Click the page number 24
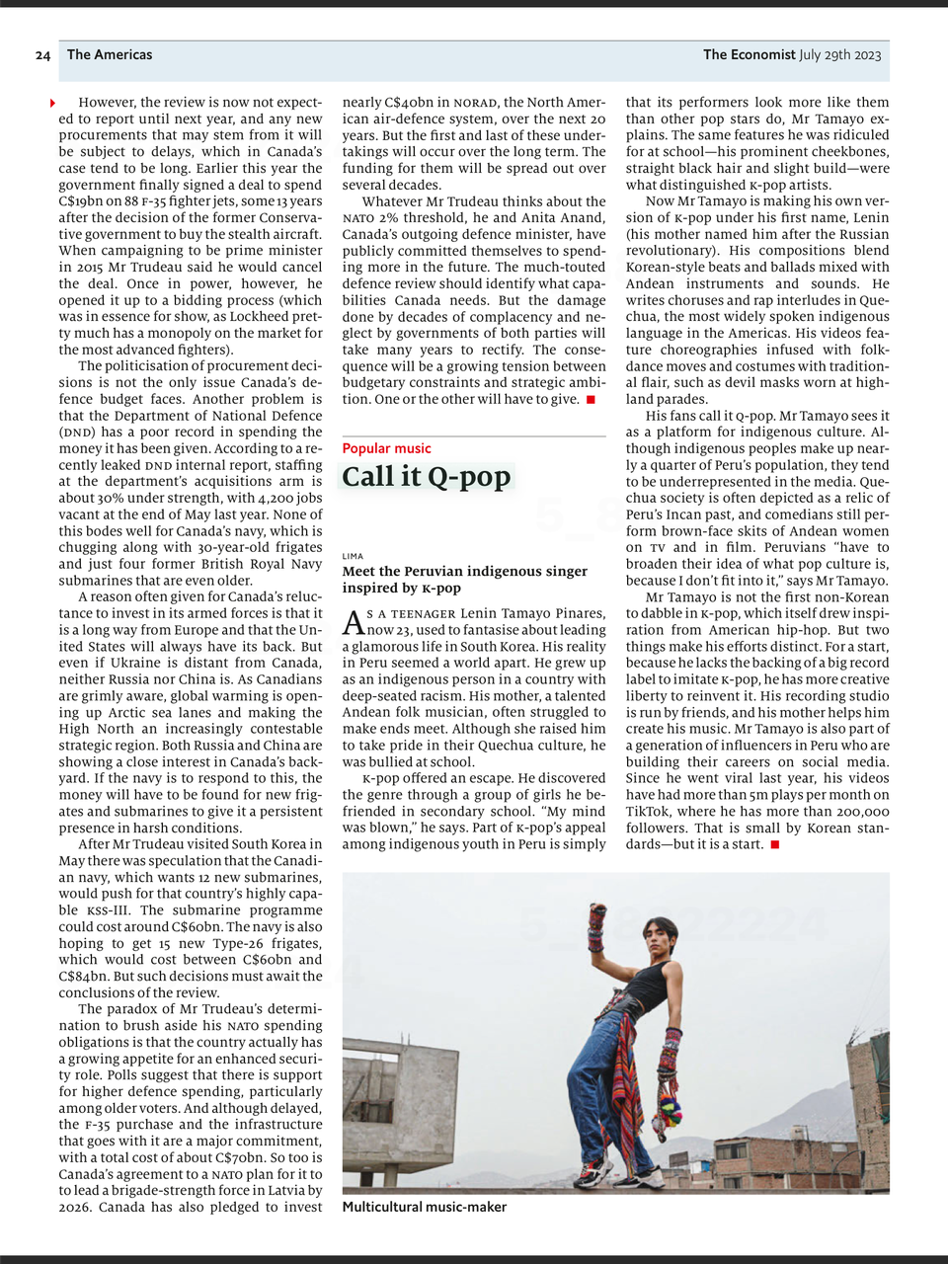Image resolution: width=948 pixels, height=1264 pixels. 42,55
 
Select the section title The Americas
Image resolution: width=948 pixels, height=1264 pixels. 110,55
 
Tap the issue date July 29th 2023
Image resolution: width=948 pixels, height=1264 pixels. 839,55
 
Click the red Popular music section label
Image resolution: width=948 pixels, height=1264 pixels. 386,448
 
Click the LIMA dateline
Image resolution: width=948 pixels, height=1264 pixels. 353,556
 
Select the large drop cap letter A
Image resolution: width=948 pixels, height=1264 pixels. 353,623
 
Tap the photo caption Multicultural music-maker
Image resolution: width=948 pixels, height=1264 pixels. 424,1207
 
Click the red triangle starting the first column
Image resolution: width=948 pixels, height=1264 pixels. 52,103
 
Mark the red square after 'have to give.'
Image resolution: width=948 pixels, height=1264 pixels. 591,399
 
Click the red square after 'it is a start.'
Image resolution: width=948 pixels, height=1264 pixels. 775,844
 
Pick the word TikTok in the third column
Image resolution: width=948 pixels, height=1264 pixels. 649,812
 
